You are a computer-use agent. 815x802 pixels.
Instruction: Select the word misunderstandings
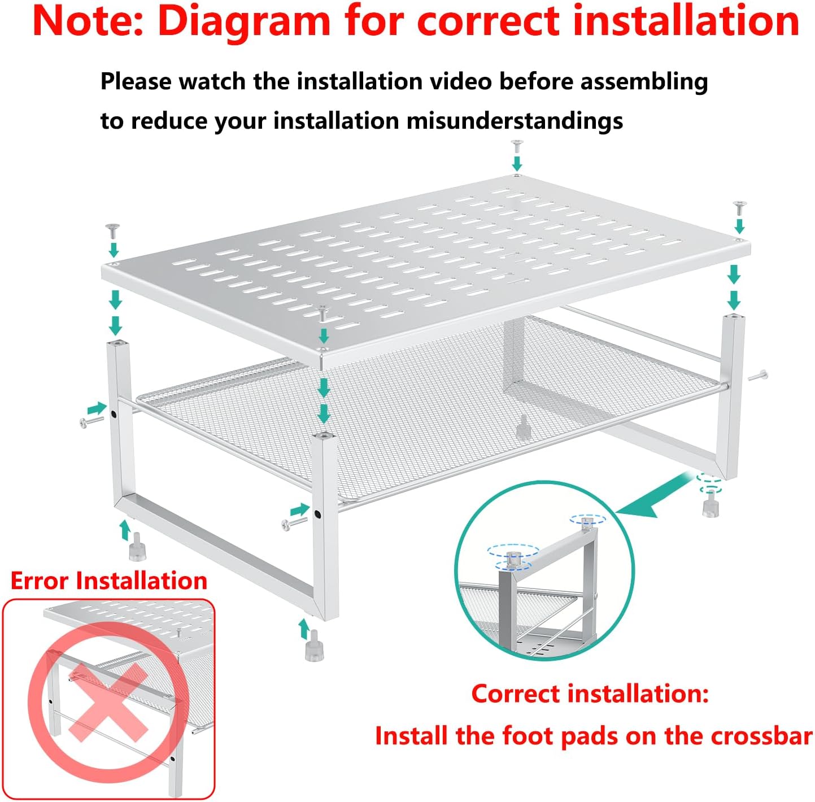click(515, 121)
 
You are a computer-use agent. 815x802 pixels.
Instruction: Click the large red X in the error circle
click(108, 702)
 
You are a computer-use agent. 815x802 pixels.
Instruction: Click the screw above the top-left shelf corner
click(112, 231)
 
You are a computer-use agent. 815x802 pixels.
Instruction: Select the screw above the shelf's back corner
click(517, 146)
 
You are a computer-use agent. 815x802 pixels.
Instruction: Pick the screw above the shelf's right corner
click(740, 208)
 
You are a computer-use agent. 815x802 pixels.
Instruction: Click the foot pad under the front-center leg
click(314, 646)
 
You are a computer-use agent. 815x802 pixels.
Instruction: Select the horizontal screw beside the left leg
click(91, 422)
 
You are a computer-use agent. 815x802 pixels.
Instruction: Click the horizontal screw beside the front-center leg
click(294, 523)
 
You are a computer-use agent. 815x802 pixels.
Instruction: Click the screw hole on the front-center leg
click(317, 515)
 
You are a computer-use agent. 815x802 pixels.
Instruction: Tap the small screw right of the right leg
click(758, 375)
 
